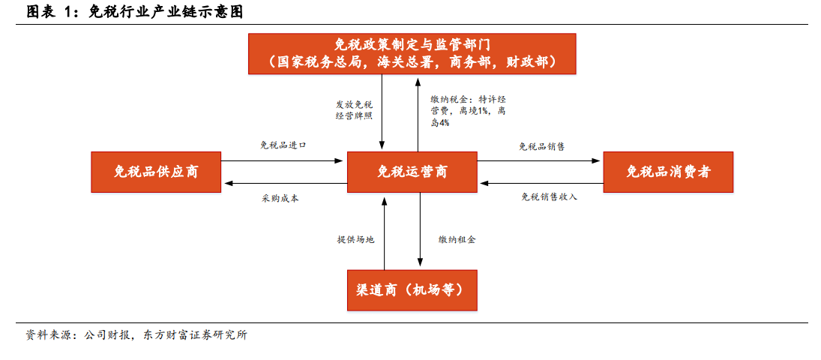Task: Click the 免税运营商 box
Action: click(412, 171)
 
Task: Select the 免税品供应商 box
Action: click(156, 171)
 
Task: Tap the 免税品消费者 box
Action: click(668, 171)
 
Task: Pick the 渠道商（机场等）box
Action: click(412, 289)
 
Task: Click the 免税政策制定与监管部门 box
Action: click(412, 53)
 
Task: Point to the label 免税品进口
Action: click(283, 145)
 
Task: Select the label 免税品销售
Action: click(542, 146)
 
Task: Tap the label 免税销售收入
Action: click(550, 197)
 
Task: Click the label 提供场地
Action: click(356, 239)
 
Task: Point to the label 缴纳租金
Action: click(457, 239)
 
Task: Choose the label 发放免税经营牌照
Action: click(354, 110)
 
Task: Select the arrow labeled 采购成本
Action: click(286, 183)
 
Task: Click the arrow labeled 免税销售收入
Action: click(542, 183)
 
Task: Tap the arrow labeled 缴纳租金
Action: click(419, 229)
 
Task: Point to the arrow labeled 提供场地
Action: click(385, 233)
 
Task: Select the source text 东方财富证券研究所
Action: click(194, 336)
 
